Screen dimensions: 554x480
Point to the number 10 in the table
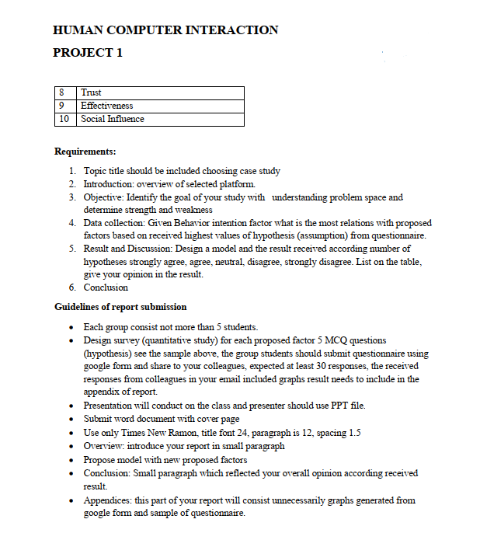[x=64, y=119]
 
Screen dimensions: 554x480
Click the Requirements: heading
[x=85, y=151]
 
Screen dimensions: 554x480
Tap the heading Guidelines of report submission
[x=120, y=307]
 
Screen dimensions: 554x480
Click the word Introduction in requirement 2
[x=108, y=184]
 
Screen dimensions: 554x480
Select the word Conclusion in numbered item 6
[x=106, y=287]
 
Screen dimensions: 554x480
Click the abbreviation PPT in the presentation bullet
[x=334, y=405]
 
